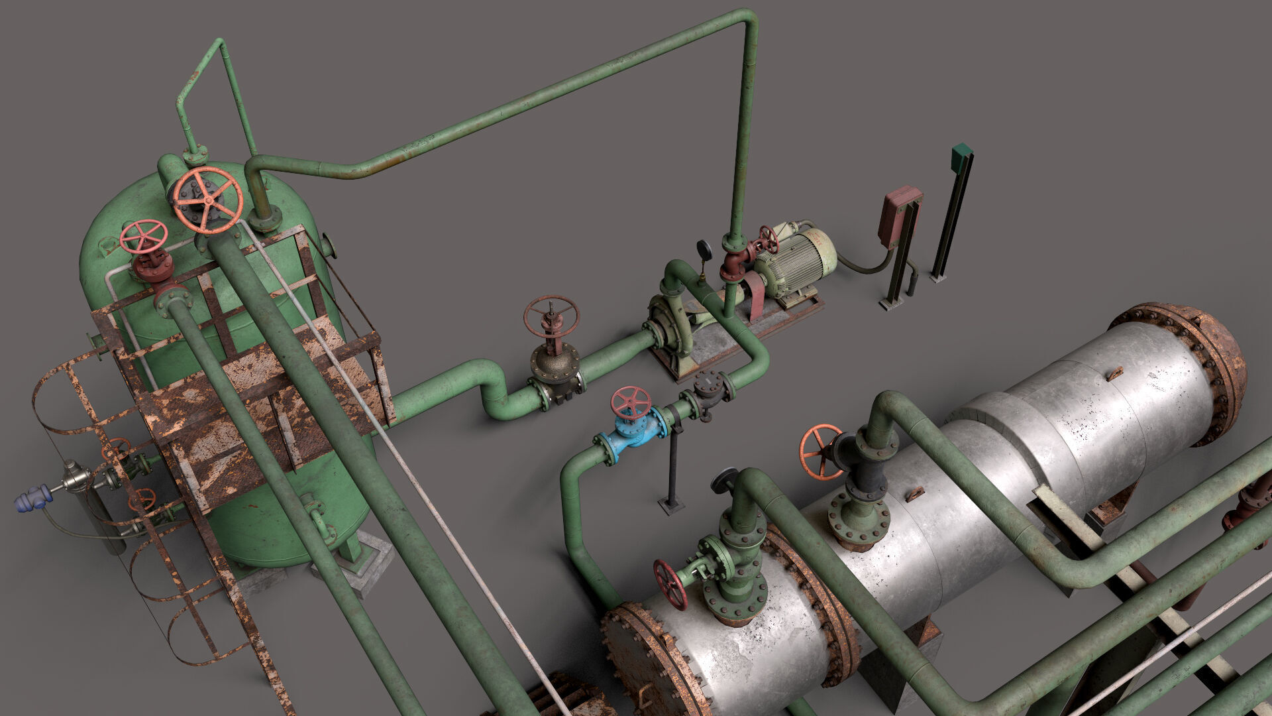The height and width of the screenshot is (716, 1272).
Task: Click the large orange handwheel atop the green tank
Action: pyautogui.click(x=207, y=200)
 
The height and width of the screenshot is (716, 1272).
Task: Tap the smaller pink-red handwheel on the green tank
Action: pyautogui.click(x=144, y=237)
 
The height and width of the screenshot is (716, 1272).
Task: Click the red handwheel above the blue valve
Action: pyautogui.click(x=630, y=402)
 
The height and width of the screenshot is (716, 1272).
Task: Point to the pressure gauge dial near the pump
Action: pyautogui.click(x=704, y=249)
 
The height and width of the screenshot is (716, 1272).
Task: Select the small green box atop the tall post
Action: pyautogui.click(x=961, y=155)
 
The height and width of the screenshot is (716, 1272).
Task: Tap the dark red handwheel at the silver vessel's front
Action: pyautogui.click(x=670, y=584)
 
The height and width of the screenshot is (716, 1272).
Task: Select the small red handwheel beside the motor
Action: pyautogui.click(x=768, y=239)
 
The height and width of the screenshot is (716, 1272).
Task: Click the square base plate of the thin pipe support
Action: pyautogui.click(x=671, y=507)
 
